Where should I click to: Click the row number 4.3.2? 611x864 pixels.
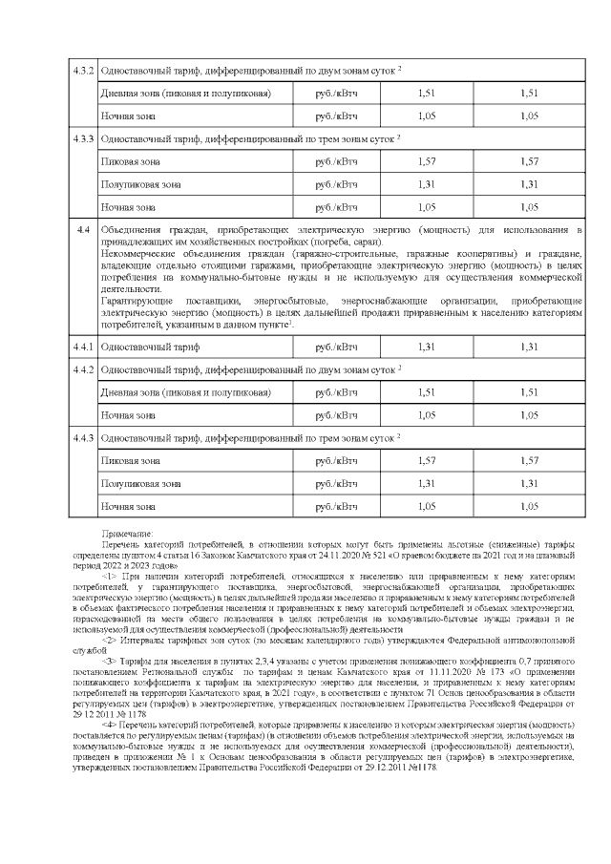[84, 72]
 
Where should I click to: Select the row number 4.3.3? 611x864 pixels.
[84, 139]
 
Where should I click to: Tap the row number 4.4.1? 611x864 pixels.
[84, 348]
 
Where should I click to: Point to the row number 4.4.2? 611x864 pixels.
[84, 370]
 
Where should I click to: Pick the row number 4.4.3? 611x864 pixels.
[84, 438]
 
